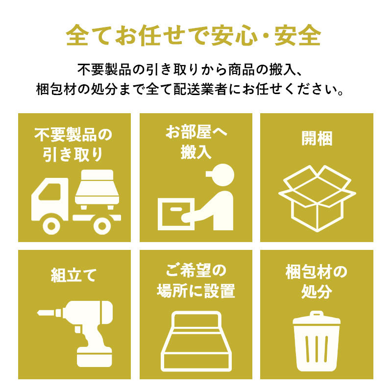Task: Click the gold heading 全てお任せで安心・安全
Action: [193, 35]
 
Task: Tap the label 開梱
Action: [317, 138]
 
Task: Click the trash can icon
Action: [317, 341]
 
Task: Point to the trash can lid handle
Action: [317, 314]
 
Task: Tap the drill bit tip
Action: [38, 313]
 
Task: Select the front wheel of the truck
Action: [51, 226]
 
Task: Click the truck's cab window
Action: [50, 192]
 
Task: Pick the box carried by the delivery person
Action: [176, 214]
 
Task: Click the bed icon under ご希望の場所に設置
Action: [196, 341]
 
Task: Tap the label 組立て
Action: [73, 275]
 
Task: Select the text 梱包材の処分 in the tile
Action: [317, 281]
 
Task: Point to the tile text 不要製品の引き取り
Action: [73, 145]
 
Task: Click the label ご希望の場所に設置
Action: [196, 281]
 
